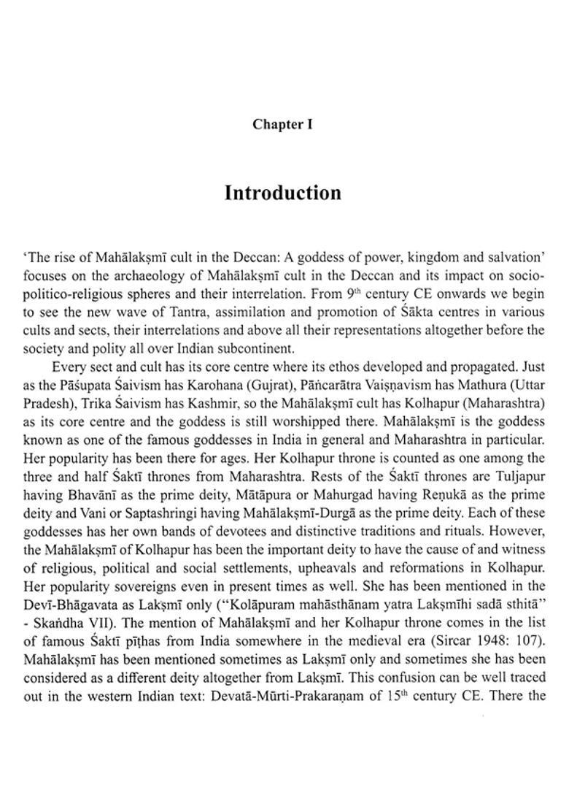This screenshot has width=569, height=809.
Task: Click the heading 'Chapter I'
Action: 282,124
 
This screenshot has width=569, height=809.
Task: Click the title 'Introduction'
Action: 282,193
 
